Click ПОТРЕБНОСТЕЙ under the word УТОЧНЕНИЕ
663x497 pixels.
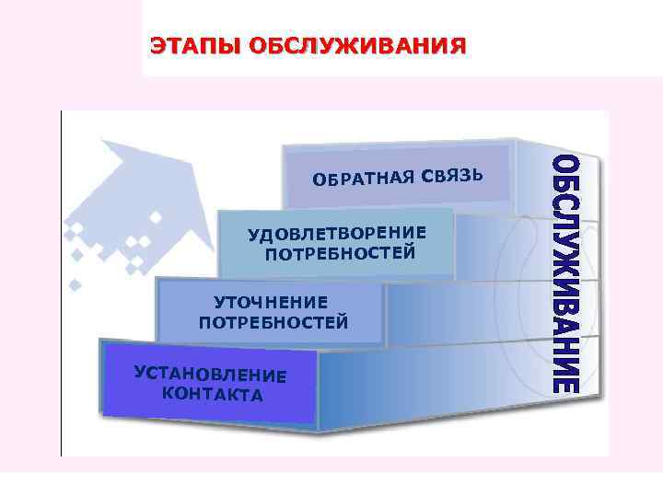click(273, 321)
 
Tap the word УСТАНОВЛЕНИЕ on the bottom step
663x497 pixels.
click(210, 375)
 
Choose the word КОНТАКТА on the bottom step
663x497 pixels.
click(212, 395)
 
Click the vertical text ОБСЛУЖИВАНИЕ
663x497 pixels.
click(566, 274)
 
